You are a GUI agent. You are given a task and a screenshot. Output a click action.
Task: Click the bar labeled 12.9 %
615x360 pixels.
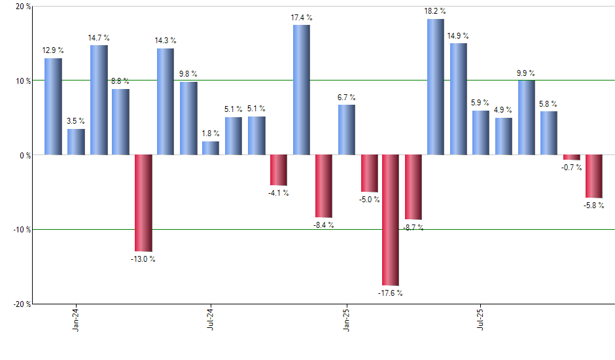(x=53, y=107)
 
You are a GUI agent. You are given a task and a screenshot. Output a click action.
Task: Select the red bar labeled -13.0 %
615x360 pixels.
(x=143, y=203)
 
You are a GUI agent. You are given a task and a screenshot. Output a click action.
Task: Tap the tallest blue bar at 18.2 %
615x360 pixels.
(x=436, y=87)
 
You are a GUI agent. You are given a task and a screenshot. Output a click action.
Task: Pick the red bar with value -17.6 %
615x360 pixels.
(x=391, y=220)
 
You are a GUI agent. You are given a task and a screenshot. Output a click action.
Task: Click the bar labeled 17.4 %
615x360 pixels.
(x=301, y=90)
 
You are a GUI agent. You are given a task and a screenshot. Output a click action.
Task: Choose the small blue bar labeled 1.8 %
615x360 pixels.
(x=211, y=148)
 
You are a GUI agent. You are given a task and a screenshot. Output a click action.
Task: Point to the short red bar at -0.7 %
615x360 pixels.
(x=572, y=157)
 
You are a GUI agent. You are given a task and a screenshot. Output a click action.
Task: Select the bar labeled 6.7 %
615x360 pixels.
(x=346, y=130)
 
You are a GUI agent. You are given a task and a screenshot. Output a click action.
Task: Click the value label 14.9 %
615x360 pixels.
(x=458, y=35)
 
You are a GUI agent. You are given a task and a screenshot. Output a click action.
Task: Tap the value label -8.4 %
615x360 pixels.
(x=323, y=225)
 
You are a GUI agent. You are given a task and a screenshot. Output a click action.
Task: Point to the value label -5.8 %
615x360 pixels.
(x=593, y=206)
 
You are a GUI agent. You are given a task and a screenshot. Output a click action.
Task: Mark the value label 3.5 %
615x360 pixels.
(x=76, y=121)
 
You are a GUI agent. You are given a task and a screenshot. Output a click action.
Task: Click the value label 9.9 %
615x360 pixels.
(x=526, y=73)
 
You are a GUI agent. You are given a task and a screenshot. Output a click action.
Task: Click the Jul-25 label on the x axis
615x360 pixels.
(x=481, y=319)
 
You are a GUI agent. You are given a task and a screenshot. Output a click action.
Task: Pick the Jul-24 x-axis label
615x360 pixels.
(x=211, y=319)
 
